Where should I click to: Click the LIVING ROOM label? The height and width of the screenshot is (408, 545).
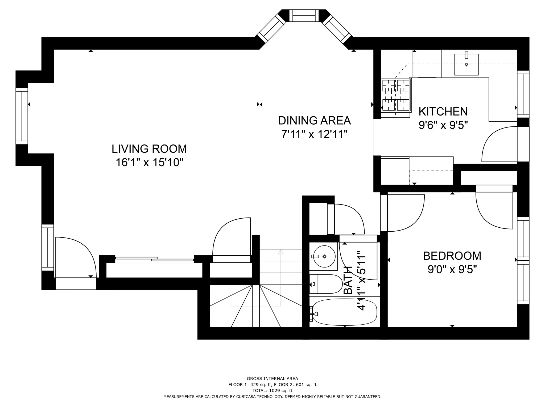[x=149, y=149]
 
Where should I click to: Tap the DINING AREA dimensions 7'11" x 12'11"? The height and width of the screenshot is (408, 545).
[x=314, y=134]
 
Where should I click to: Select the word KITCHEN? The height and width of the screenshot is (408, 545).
[x=443, y=112]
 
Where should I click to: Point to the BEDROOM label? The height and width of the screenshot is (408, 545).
[x=452, y=256]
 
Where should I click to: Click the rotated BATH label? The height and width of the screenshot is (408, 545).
[x=348, y=280]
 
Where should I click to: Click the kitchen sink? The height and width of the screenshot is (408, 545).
[x=466, y=65]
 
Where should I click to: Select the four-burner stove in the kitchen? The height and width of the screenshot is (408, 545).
[x=396, y=98]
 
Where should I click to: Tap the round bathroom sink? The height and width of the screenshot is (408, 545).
[x=324, y=256]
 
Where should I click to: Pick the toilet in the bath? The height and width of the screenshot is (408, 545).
[x=326, y=284]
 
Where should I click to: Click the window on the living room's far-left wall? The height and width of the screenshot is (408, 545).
[x=22, y=116]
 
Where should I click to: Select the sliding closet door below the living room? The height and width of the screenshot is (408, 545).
[x=154, y=259]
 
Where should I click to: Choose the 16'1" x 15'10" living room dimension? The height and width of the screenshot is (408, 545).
[x=149, y=162]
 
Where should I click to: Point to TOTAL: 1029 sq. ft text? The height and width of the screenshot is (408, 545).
[x=272, y=390]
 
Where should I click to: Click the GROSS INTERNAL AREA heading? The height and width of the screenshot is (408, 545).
[x=272, y=379]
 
